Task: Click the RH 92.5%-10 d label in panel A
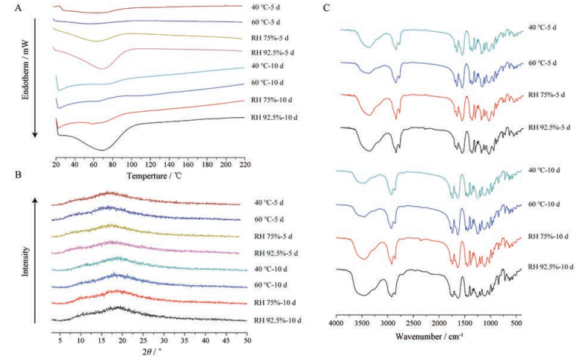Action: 275,117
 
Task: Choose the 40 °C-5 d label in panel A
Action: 266,7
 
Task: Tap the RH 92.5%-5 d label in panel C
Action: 549,127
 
